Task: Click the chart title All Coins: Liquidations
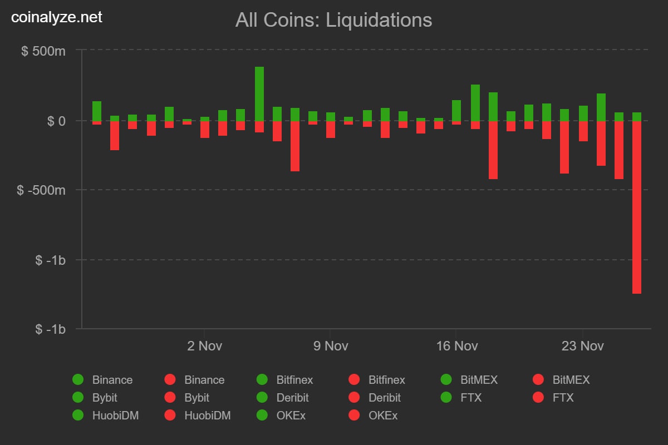click(x=333, y=20)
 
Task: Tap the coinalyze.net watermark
click(x=57, y=17)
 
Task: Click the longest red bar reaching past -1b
click(x=637, y=207)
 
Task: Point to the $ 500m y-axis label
click(x=43, y=51)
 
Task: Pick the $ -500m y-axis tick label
click(x=42, y=190)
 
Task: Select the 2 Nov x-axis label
click(x=204, y=346)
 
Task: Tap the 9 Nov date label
click(x=331, y=346)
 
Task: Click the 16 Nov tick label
click(x=457, y=346)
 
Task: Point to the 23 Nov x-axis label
click(x=583, y=346)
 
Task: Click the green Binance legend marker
click(x=78, y=380)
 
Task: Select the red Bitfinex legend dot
click(x=354, y=380)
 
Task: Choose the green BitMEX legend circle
click(x=446, y=380)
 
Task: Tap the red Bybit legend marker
click(x=170, y=398)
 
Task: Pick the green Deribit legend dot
click(x=262, y=398)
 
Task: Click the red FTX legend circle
click(x=538, y=398)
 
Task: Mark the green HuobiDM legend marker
click(x=78, y=416)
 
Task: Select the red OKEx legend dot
click(x=354, y=416)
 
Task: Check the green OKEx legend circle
click(x=262, y=416)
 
